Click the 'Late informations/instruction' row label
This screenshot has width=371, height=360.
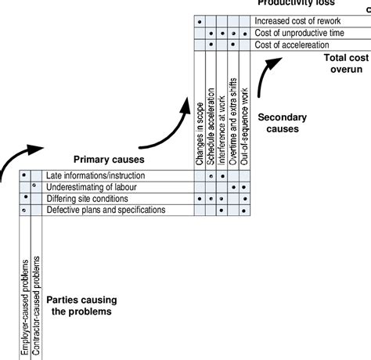[95, 175]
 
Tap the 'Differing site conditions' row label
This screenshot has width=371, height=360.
[86, 199]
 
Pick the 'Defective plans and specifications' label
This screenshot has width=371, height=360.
[106, 211]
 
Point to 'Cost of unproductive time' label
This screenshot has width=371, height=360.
[297, 33]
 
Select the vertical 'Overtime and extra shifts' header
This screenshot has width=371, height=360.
[234, 124]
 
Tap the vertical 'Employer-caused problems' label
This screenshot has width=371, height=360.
[25, 307]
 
